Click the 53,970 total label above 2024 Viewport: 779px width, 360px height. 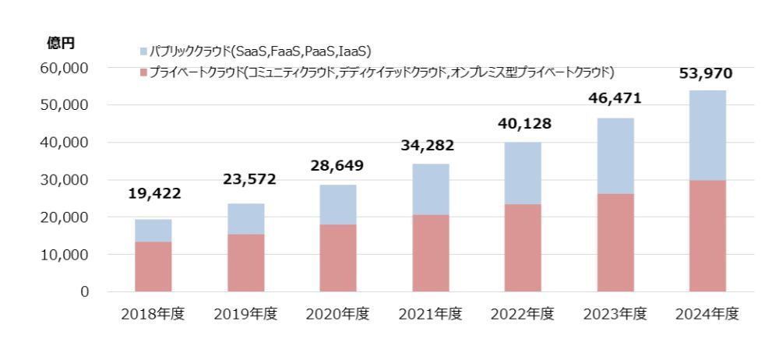tap(707, 74)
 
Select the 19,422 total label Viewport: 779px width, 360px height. tap(153, 193)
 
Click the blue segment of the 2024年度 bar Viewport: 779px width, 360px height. tap(707, 136)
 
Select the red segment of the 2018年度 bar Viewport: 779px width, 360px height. tap(153, 266)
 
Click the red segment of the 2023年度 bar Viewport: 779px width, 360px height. tap(615, 242)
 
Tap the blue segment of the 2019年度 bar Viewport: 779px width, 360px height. tap(246, 219)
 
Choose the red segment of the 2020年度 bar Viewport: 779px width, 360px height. tap(338, 258)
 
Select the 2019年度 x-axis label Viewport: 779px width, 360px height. tap(246, 315)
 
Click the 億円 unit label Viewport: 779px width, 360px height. tap(61, 44)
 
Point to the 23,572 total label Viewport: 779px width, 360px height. tap(246, 180)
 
